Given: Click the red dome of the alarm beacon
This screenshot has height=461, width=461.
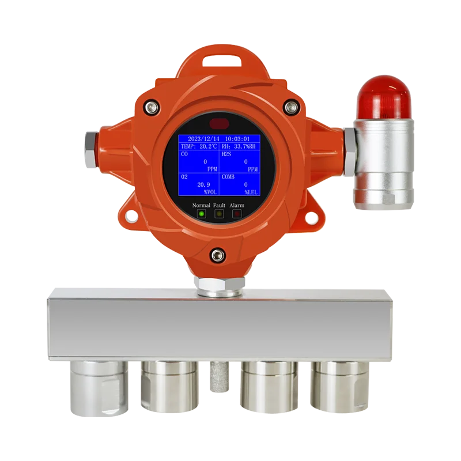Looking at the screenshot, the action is [383, 97].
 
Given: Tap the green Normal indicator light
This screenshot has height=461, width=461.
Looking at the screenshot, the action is [201, 214].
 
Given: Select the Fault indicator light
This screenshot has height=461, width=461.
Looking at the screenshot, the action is [219, 214].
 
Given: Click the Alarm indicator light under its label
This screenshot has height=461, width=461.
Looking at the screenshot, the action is [237, 214].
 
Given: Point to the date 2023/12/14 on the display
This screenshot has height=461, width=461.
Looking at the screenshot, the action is [203, 139].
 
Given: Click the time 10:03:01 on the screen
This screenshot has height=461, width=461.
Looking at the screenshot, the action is [237, 139].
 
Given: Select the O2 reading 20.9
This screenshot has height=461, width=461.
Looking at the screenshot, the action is [203, 184].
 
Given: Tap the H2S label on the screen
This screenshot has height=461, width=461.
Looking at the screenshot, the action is [226, 154].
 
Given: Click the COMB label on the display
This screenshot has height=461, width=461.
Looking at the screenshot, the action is [228, 177].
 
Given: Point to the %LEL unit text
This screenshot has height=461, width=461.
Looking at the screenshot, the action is [251, 192].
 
